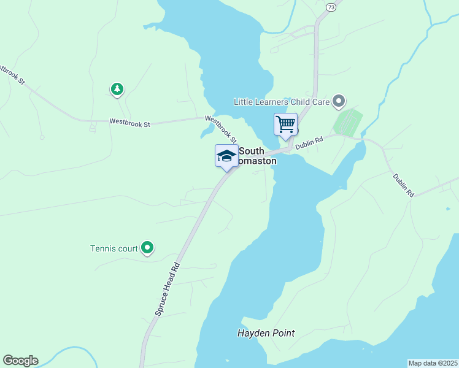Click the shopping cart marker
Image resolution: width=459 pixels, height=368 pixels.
(285, 124)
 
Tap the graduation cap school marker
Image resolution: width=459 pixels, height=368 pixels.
(226, 156)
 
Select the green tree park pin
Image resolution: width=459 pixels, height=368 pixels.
(117, 90)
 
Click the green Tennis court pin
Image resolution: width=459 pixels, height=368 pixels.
(147, 248)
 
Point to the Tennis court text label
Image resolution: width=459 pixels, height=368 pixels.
(114, 248)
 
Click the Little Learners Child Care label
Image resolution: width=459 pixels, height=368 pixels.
(282, 101)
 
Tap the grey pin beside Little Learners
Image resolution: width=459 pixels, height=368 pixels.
(339, 101)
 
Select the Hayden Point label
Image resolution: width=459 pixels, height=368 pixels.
(266, 334)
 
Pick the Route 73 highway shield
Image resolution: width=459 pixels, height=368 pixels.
(331, 7)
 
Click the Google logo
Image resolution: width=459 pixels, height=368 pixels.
(20, 361)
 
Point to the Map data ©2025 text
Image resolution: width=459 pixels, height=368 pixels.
(433, 363)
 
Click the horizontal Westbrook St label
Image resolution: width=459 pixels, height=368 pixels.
(129, 123)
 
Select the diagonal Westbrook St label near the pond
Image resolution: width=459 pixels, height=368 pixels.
(221, 130)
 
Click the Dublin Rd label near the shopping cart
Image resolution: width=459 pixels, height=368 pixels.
(309, 143)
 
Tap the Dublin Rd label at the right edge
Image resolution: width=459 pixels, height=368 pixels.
(404, 185)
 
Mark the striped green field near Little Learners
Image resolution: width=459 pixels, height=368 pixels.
(347, 122)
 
